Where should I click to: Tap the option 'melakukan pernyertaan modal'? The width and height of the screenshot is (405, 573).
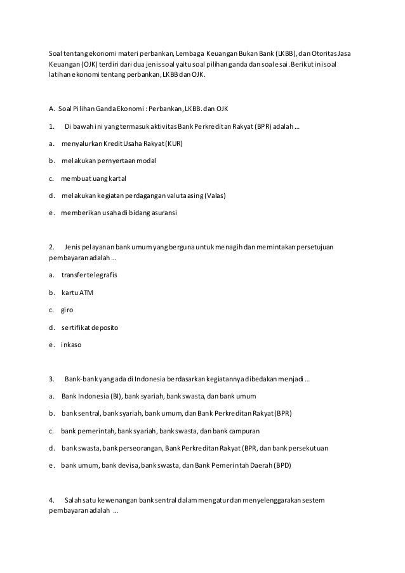click(109, 161)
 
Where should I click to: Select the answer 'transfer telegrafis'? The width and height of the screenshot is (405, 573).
click(90, 276)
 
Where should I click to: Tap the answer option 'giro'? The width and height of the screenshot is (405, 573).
click(67, 311)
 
